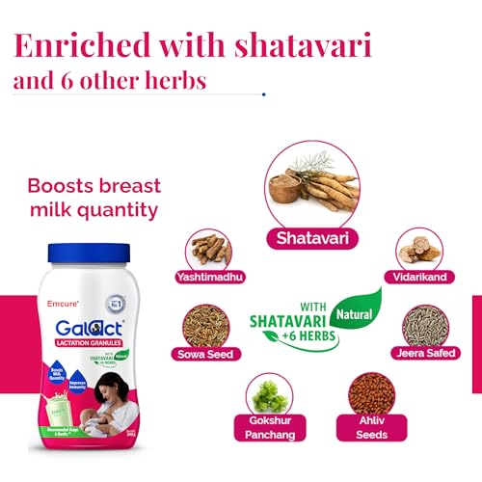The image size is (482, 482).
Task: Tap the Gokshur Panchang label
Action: click(x=270, y=428)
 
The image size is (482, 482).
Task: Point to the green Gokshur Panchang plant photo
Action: click(x=270, y=395)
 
